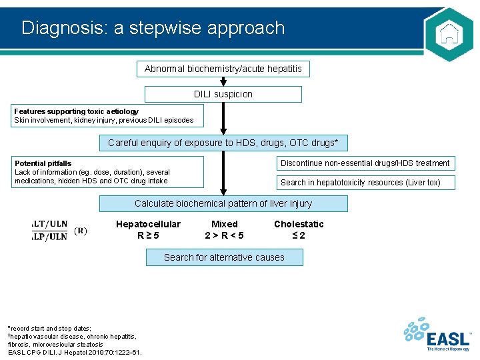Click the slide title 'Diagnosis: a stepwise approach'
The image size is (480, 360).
pos(153,28)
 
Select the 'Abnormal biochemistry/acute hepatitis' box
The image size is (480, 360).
pos(223,69)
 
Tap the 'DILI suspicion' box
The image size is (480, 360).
pos(223,94)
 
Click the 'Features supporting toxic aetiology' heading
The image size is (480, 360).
pos(77,111)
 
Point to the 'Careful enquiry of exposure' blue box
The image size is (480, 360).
pos(223,143)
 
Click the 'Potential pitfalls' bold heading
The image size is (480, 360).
pos(43,163)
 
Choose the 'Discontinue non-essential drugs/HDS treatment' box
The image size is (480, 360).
pos(365,163)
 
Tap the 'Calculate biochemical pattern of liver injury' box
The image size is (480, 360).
pos(223,203)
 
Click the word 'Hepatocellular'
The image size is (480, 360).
pos(148,224)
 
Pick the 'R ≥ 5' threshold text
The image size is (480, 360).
pos(148,235)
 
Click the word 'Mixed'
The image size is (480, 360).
pos(224,224)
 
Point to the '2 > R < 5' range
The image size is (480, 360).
pos(224,235)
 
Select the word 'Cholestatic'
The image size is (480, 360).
pos(299,224)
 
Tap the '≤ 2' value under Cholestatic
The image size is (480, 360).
pos(299,235)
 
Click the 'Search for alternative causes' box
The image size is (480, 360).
pos(224,257)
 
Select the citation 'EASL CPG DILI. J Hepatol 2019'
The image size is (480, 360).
pos(74,352)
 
